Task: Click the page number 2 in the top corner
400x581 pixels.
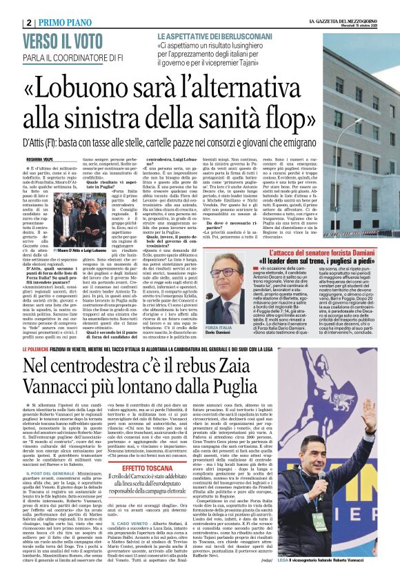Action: coord(25,22)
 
